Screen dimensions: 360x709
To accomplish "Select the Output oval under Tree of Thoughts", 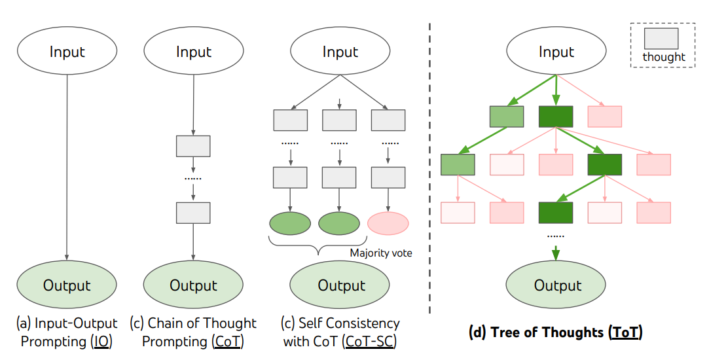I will tap(557, 285).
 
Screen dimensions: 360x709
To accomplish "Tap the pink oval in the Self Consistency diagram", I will tap(388, 223).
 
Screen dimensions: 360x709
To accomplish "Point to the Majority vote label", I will tap(381, 253).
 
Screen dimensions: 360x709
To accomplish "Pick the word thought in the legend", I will tap(664, 57).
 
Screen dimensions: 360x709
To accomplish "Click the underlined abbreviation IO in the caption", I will tap(103, 341).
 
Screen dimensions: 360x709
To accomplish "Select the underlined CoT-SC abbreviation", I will tap(373, 341).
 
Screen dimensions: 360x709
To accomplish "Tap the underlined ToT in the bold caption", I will tap(626, 333).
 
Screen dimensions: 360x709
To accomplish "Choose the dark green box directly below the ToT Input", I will tap(556, 117).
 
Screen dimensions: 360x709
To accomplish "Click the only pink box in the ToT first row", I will tap(605, 117).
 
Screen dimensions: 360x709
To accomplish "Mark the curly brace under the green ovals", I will tap(318, 247).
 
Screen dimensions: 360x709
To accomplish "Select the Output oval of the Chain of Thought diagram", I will tap(193, 285).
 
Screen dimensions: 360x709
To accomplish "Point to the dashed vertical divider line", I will tap(429, 164).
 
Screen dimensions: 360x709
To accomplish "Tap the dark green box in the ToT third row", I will tap(556, 212).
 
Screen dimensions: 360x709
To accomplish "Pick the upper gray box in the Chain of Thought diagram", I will tap(193, 146).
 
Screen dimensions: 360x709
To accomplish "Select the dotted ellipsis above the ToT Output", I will tap(556, 234).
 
